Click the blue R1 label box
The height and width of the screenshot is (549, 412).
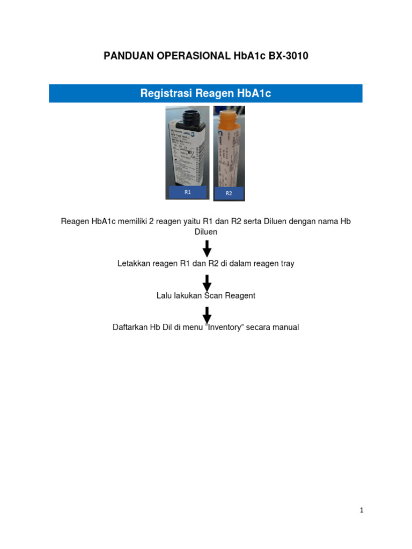188,192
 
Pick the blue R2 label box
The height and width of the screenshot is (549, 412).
229,194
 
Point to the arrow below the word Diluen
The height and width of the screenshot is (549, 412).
207,249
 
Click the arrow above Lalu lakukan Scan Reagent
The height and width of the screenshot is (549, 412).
207,283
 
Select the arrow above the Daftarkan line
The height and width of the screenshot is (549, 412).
207,315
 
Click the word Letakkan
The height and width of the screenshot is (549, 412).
134,264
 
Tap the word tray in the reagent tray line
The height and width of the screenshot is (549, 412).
286,264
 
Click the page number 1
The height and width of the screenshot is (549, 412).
362,510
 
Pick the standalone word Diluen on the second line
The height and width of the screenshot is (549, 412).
206,232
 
